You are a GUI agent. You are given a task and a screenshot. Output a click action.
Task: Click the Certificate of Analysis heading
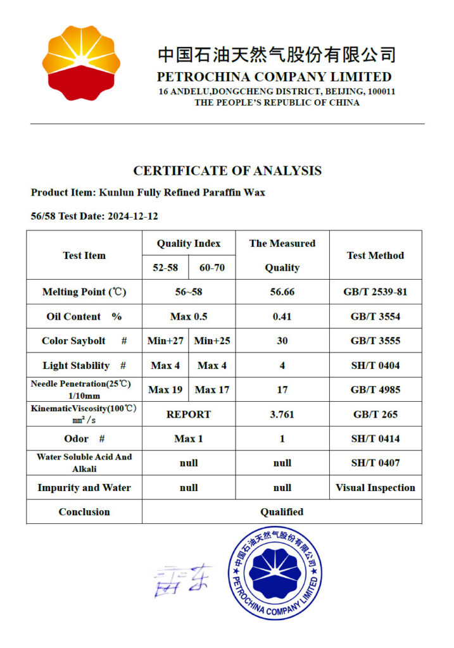[x=227, y=171]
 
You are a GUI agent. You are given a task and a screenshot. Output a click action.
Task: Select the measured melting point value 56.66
[x=282, y=292]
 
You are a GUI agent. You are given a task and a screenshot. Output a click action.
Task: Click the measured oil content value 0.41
[x=282, y=316]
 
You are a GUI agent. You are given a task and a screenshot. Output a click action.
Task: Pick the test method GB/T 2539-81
[x=375, y=292]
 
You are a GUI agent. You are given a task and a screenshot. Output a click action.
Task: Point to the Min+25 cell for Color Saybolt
[x=212, y=341]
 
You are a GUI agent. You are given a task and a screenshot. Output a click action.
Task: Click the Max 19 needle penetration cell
[x=166, y=390]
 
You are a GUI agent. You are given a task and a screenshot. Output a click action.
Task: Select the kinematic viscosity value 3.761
[x=282, y=414]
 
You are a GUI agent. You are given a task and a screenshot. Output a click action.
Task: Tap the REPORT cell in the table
[x=189, y=414]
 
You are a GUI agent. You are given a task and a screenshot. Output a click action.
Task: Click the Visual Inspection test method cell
[x=375, y=488]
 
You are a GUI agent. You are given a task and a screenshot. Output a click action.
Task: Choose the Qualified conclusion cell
[x=282, y=512]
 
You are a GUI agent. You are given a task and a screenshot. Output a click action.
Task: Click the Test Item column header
[x=84, y=256]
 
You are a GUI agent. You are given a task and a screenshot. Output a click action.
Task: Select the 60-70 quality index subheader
[x=212, y=268]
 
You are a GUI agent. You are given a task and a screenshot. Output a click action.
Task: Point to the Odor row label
[x=84, y=439]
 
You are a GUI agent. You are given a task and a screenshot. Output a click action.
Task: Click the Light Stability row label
[x=84, y=366]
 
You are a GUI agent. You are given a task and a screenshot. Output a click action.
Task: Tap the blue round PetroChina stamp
[x=275, y=573]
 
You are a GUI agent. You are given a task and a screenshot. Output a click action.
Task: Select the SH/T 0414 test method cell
[x=375, y=439]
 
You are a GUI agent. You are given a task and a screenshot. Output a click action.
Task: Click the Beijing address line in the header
[x=277, y=92]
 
